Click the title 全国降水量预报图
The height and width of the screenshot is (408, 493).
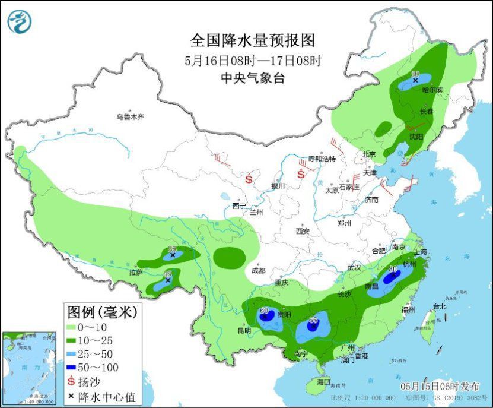[252, 40]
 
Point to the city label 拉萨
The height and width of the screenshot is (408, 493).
[136, 273]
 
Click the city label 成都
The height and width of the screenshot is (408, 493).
[258, 270]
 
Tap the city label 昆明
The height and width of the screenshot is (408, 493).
[244, 330]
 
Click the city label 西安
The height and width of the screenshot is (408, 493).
[303, 230]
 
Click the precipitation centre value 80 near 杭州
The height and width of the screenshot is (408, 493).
[392, 269]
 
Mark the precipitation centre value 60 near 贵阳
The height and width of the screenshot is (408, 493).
[265, 311]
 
